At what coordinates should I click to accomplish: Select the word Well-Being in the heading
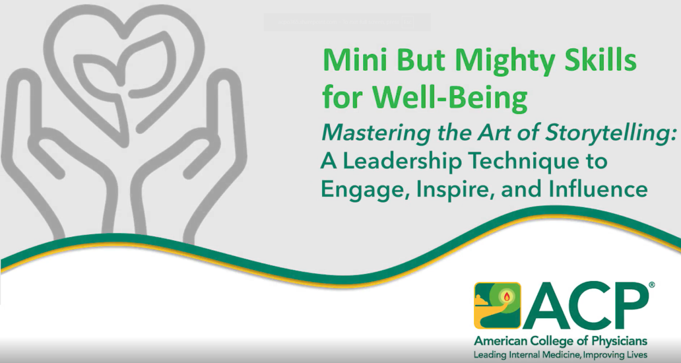click(450, 98)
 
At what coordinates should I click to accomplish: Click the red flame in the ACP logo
click(506, 296)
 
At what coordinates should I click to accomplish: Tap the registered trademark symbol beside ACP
click(651, 285)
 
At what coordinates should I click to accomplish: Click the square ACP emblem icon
click(498, 305)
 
